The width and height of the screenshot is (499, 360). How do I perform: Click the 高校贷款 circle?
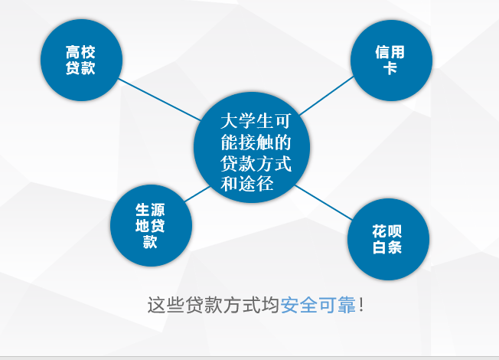(x=81, y=60)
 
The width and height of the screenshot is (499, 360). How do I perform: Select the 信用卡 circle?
(x=391, y=61)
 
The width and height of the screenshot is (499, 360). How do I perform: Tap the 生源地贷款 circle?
(x=151, y=225)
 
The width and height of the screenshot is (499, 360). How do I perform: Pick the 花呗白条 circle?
(x=388, y=239)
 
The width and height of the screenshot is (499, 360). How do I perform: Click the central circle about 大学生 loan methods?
(x=252, y=147)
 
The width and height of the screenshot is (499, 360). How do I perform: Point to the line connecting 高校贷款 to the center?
(x=160, y=100)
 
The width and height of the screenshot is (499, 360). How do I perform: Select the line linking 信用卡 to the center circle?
(x=327, y=96)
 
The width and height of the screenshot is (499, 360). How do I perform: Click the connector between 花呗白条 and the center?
(x=324, y=203)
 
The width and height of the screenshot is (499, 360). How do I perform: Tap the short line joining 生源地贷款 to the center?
(x=197, y=194)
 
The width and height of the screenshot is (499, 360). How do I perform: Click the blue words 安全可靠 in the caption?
(x=318, y=305)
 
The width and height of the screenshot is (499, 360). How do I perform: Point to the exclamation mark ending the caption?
(x=361, y=305)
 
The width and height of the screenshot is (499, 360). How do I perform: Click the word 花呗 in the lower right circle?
(x=387, y=231)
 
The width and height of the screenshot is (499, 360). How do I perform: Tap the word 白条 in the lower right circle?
(x=387, y=247)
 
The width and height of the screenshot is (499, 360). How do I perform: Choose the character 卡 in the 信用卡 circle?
(x=390, y=68)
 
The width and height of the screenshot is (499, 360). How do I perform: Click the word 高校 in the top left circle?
(x=80, y=52)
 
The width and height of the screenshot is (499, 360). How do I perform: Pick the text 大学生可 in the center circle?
(x=256, y=121)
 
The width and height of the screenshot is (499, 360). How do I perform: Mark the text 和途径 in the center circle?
(x=246, y=184)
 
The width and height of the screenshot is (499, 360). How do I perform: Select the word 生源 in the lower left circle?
(x=150, y=210)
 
